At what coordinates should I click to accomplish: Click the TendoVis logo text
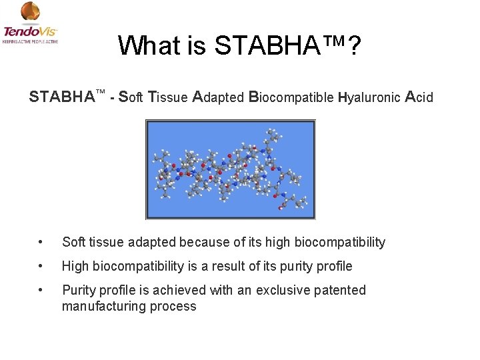click(31, 31)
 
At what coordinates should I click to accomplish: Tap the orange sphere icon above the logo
click(30, 11)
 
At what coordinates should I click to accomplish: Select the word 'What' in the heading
click(150, 45)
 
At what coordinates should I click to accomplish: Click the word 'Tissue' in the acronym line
click(167, 97)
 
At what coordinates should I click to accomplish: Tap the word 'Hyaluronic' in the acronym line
click(369, 97)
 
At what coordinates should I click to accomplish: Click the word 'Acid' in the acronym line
click(419, 97)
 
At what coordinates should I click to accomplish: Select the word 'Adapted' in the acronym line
click(218, 97)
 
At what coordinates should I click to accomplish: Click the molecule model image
click(230, 169)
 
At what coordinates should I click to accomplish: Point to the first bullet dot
click(41, 242)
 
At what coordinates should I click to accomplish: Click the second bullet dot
click(41, 266)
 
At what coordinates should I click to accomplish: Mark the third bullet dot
click(41, 290)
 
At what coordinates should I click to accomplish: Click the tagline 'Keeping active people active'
click(31, 41)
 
